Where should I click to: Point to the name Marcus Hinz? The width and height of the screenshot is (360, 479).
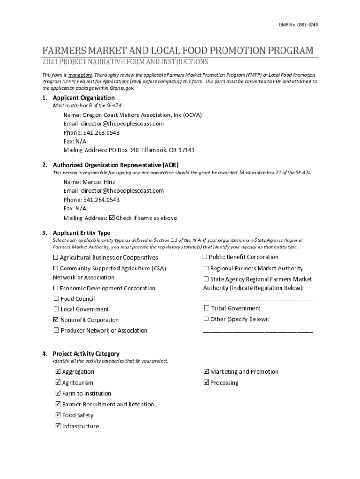point(99,182)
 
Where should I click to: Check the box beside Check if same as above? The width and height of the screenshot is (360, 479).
point(112,218)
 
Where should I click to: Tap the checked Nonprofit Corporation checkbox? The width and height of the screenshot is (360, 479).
point(56,320)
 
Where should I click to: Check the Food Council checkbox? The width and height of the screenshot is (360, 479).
point(56,298)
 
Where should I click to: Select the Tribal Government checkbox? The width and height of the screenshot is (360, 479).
point(206,308)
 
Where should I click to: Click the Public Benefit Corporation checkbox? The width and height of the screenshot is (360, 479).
point(205,257)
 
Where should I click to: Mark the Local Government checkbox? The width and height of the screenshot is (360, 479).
point(56,309)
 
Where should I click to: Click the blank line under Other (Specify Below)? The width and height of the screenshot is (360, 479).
point(258,331)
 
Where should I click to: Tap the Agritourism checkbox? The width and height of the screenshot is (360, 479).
point(58,383)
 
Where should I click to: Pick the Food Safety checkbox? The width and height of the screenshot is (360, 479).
point(58,415)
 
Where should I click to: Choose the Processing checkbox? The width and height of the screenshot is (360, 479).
point(206,383)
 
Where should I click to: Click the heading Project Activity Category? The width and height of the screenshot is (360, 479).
point(86,354)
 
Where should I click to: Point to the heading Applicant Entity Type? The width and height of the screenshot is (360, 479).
point(81,232)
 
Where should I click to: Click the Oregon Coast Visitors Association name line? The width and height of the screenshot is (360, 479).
point(133,115)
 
